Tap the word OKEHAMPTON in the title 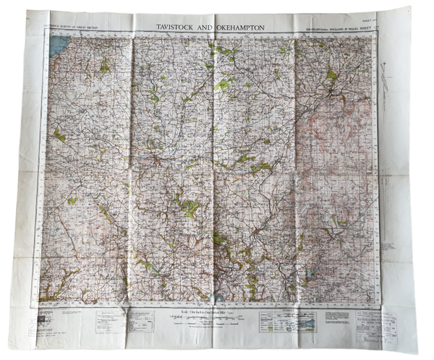(239, 27)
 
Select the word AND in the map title (210, 27)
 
